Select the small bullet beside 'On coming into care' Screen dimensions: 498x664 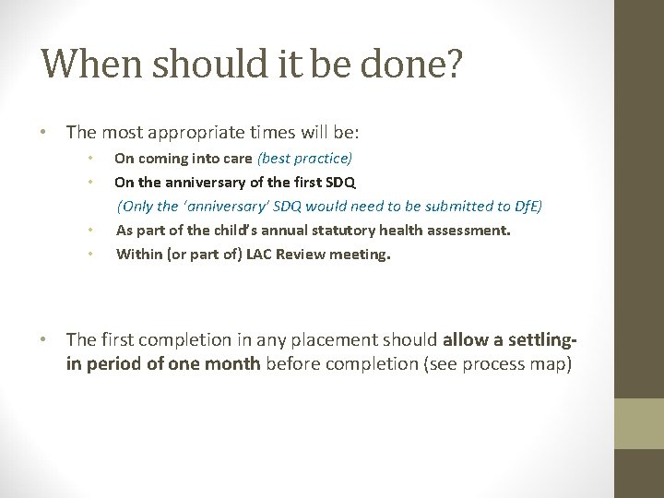click(89, 158)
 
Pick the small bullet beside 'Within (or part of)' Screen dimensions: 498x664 click(89, 254)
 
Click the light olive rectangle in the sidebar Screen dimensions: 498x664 click(639, 423)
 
